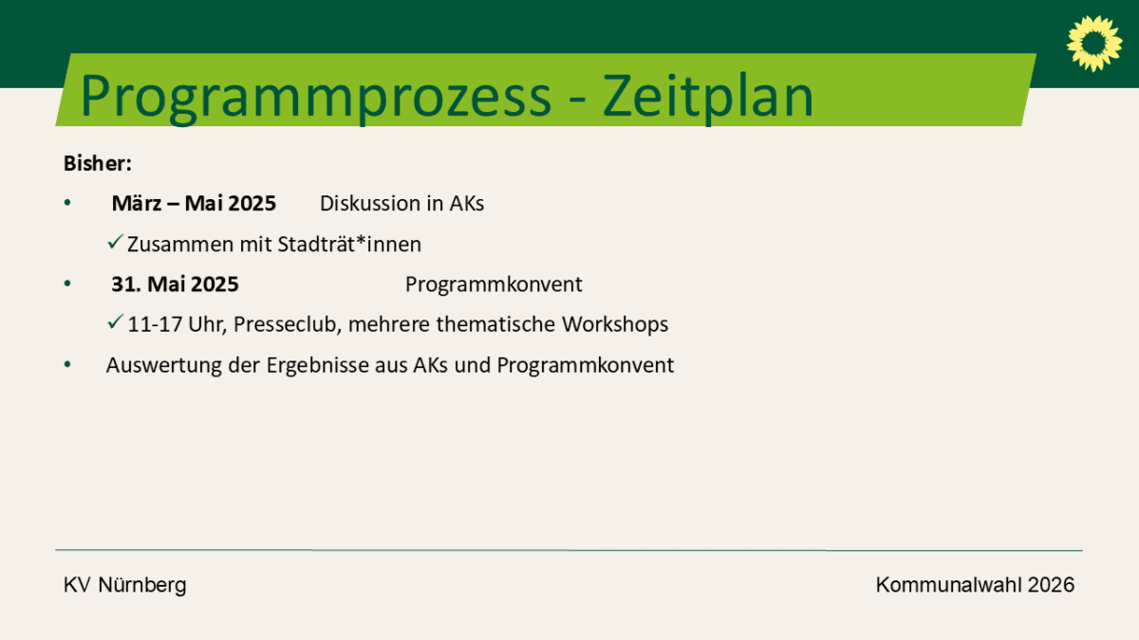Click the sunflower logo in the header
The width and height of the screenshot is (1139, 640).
[x=1094, y=44]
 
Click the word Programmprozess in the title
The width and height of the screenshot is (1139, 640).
[x=316, y=98]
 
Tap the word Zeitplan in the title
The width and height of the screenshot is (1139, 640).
[x=708, y=98]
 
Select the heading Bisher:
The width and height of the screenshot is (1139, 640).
[x=98, y=163]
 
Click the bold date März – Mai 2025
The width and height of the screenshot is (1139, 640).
[x=194, y=203]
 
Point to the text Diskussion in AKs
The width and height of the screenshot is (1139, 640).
[x=401, y=203]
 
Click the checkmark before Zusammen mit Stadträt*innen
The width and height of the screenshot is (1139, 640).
[x=116, y=242]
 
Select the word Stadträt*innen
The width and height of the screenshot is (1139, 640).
[x=349, y=245]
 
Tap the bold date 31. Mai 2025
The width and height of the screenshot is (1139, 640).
[x=175, y=283]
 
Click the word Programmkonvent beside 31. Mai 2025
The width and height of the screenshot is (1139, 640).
[x=494, y=283]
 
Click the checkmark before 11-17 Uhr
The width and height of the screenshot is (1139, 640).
[x=116, y=321]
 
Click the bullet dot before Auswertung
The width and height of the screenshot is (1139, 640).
[x=67, y=364]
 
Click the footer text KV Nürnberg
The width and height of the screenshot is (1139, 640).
[x=124, y=585]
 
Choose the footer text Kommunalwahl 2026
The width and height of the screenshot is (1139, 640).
[x=975, y=585]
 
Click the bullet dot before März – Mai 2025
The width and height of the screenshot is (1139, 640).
[x=67, y=203]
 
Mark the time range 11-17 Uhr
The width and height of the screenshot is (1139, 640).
[x=177, y=324]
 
